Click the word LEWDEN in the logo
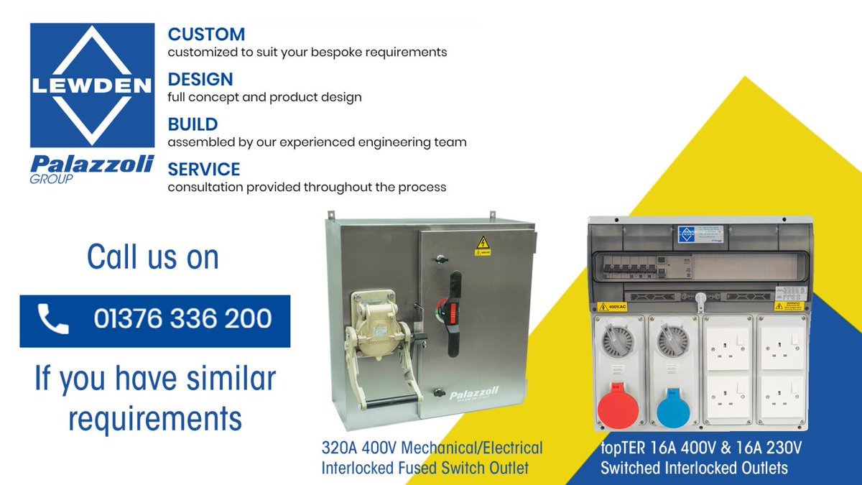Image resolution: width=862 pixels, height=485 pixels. pos(92,86)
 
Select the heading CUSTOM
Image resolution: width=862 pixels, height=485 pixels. pos(206,34)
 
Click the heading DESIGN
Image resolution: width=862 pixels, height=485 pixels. pos(200,79)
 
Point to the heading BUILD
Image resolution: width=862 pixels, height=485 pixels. pos(193,124)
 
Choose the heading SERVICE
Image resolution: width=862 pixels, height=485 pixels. pos(204,170)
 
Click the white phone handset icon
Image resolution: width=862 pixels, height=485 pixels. pos(52,320)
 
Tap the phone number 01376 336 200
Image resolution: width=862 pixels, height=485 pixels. pos(182,320)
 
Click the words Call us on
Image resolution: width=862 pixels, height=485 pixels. pos(153,257)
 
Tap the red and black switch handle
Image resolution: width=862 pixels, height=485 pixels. pos(454,314)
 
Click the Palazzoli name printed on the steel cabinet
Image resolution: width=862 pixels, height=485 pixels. pos(474,394)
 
